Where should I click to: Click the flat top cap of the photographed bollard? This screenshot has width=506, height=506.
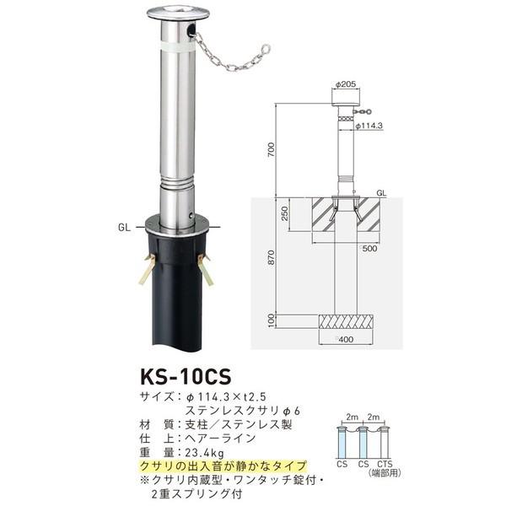pyautogui.click(x=175, y=13)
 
